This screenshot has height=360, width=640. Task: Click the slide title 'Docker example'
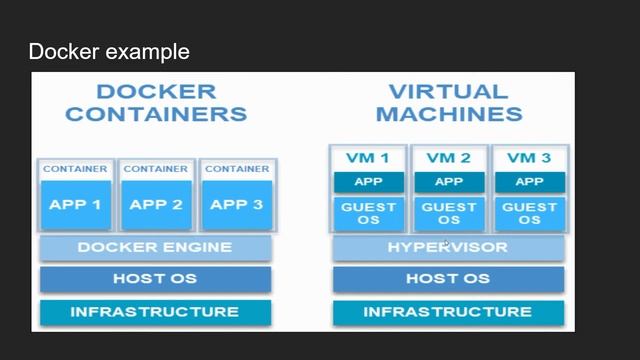(109, 51)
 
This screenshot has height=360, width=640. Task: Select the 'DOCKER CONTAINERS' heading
(155, 102)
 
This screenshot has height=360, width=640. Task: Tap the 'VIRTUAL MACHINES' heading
(448, 102)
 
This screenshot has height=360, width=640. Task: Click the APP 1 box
(75, 205)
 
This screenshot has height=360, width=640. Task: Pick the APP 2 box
(155, 205)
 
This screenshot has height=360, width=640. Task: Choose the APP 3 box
(237, 205)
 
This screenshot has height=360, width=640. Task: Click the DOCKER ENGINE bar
(155, 247)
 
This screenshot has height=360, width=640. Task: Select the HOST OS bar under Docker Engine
(155, 279)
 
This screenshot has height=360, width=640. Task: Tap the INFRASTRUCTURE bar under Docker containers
(155, 312)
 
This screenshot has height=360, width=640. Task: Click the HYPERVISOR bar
(448, 247)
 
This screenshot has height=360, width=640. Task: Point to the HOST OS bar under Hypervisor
(448, 279)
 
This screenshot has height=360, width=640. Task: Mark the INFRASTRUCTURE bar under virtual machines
(448, 312)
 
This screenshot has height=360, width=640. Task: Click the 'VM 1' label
(368, 158)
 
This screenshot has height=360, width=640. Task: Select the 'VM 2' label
(448, 158)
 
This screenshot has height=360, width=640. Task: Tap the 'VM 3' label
(529, 158)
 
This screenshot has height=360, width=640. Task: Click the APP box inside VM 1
(368, 182)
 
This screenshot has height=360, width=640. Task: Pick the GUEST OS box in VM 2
(448, 213)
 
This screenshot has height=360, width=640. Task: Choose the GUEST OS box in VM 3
(529, 213)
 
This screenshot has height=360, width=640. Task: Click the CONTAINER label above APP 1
(75, 169)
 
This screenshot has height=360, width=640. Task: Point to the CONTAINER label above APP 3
(237, 169)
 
